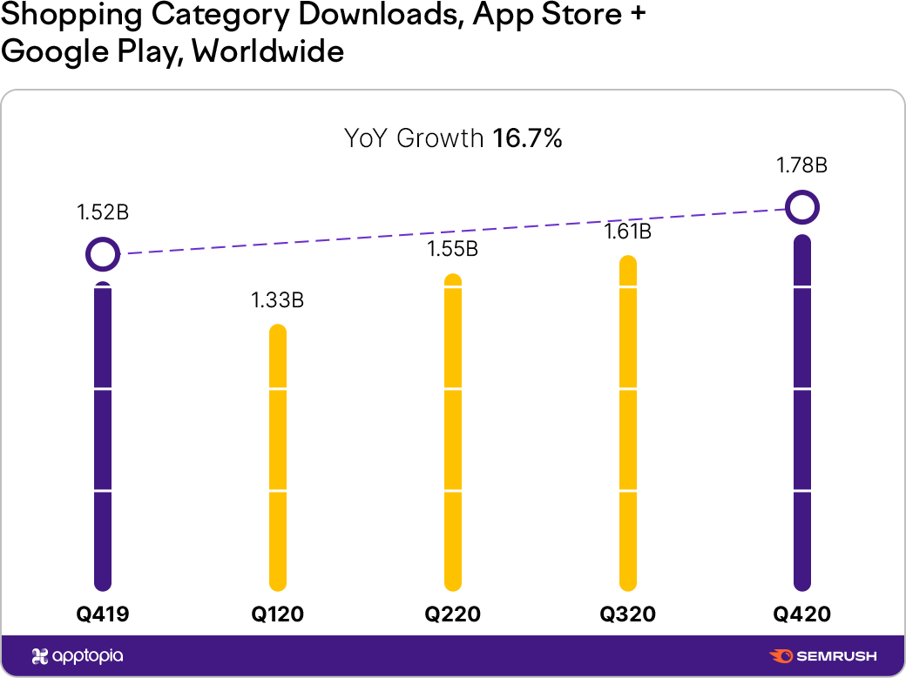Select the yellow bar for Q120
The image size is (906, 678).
tap(277, 458)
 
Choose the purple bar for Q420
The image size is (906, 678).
tap(802, 413)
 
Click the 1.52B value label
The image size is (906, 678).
tap(103, 212)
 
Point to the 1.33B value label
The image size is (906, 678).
tap(277, 301)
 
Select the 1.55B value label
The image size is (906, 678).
tap(452, 249)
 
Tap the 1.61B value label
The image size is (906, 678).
tap(627, 232)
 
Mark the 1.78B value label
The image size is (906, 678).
tap(802, 165)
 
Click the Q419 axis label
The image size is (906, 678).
tap(103, 614)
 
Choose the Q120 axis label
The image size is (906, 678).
tap(277, 614)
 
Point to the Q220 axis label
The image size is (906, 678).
tap(452, 614)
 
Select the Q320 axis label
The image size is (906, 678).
tap(627, 614)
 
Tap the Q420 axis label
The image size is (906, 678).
tap(802, 614)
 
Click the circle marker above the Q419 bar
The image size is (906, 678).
tap(103, 255)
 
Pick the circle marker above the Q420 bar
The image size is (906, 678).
tap(802, 208)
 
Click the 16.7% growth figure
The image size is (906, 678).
tap(528, 138)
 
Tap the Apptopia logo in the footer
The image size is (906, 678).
tap(78, 656)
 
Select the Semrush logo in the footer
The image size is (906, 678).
tap(823, 656)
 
